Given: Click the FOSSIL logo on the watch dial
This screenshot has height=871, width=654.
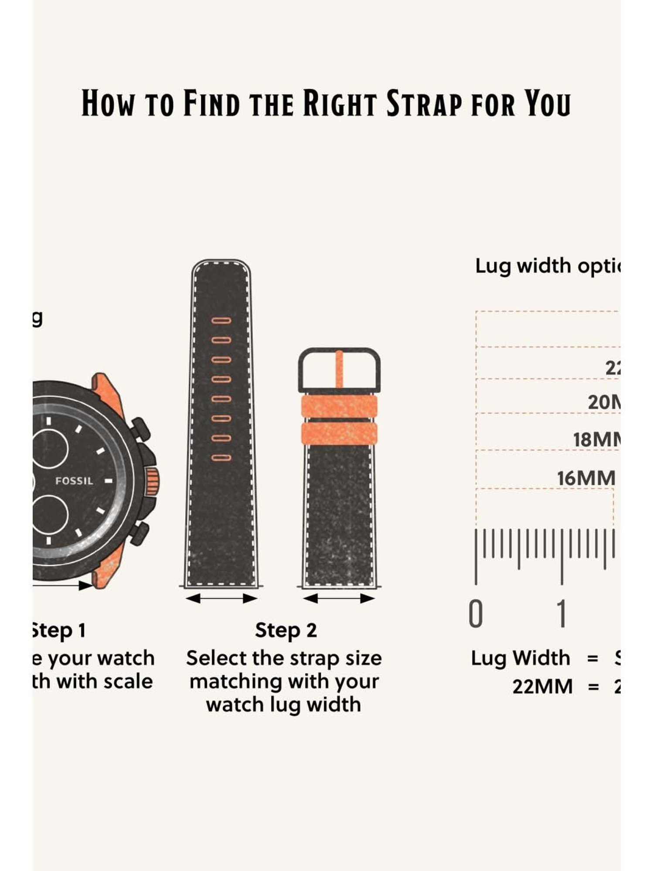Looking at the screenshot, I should point(74,481).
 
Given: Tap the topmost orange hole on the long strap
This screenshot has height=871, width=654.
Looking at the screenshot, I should point(221,321).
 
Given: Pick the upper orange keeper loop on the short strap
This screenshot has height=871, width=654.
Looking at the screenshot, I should point(339,406).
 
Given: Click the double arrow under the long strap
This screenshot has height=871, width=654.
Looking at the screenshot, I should point(221,598).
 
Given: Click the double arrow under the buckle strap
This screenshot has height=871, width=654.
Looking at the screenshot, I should point(339,599).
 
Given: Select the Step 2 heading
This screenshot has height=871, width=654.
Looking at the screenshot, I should point(286,631).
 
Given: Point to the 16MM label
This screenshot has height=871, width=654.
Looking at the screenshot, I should point(586,479).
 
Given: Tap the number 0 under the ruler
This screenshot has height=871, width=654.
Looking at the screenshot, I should point(476,614).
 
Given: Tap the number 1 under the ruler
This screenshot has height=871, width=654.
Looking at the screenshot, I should point(562,614).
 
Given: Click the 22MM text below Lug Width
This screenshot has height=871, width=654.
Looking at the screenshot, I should point(542,687).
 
